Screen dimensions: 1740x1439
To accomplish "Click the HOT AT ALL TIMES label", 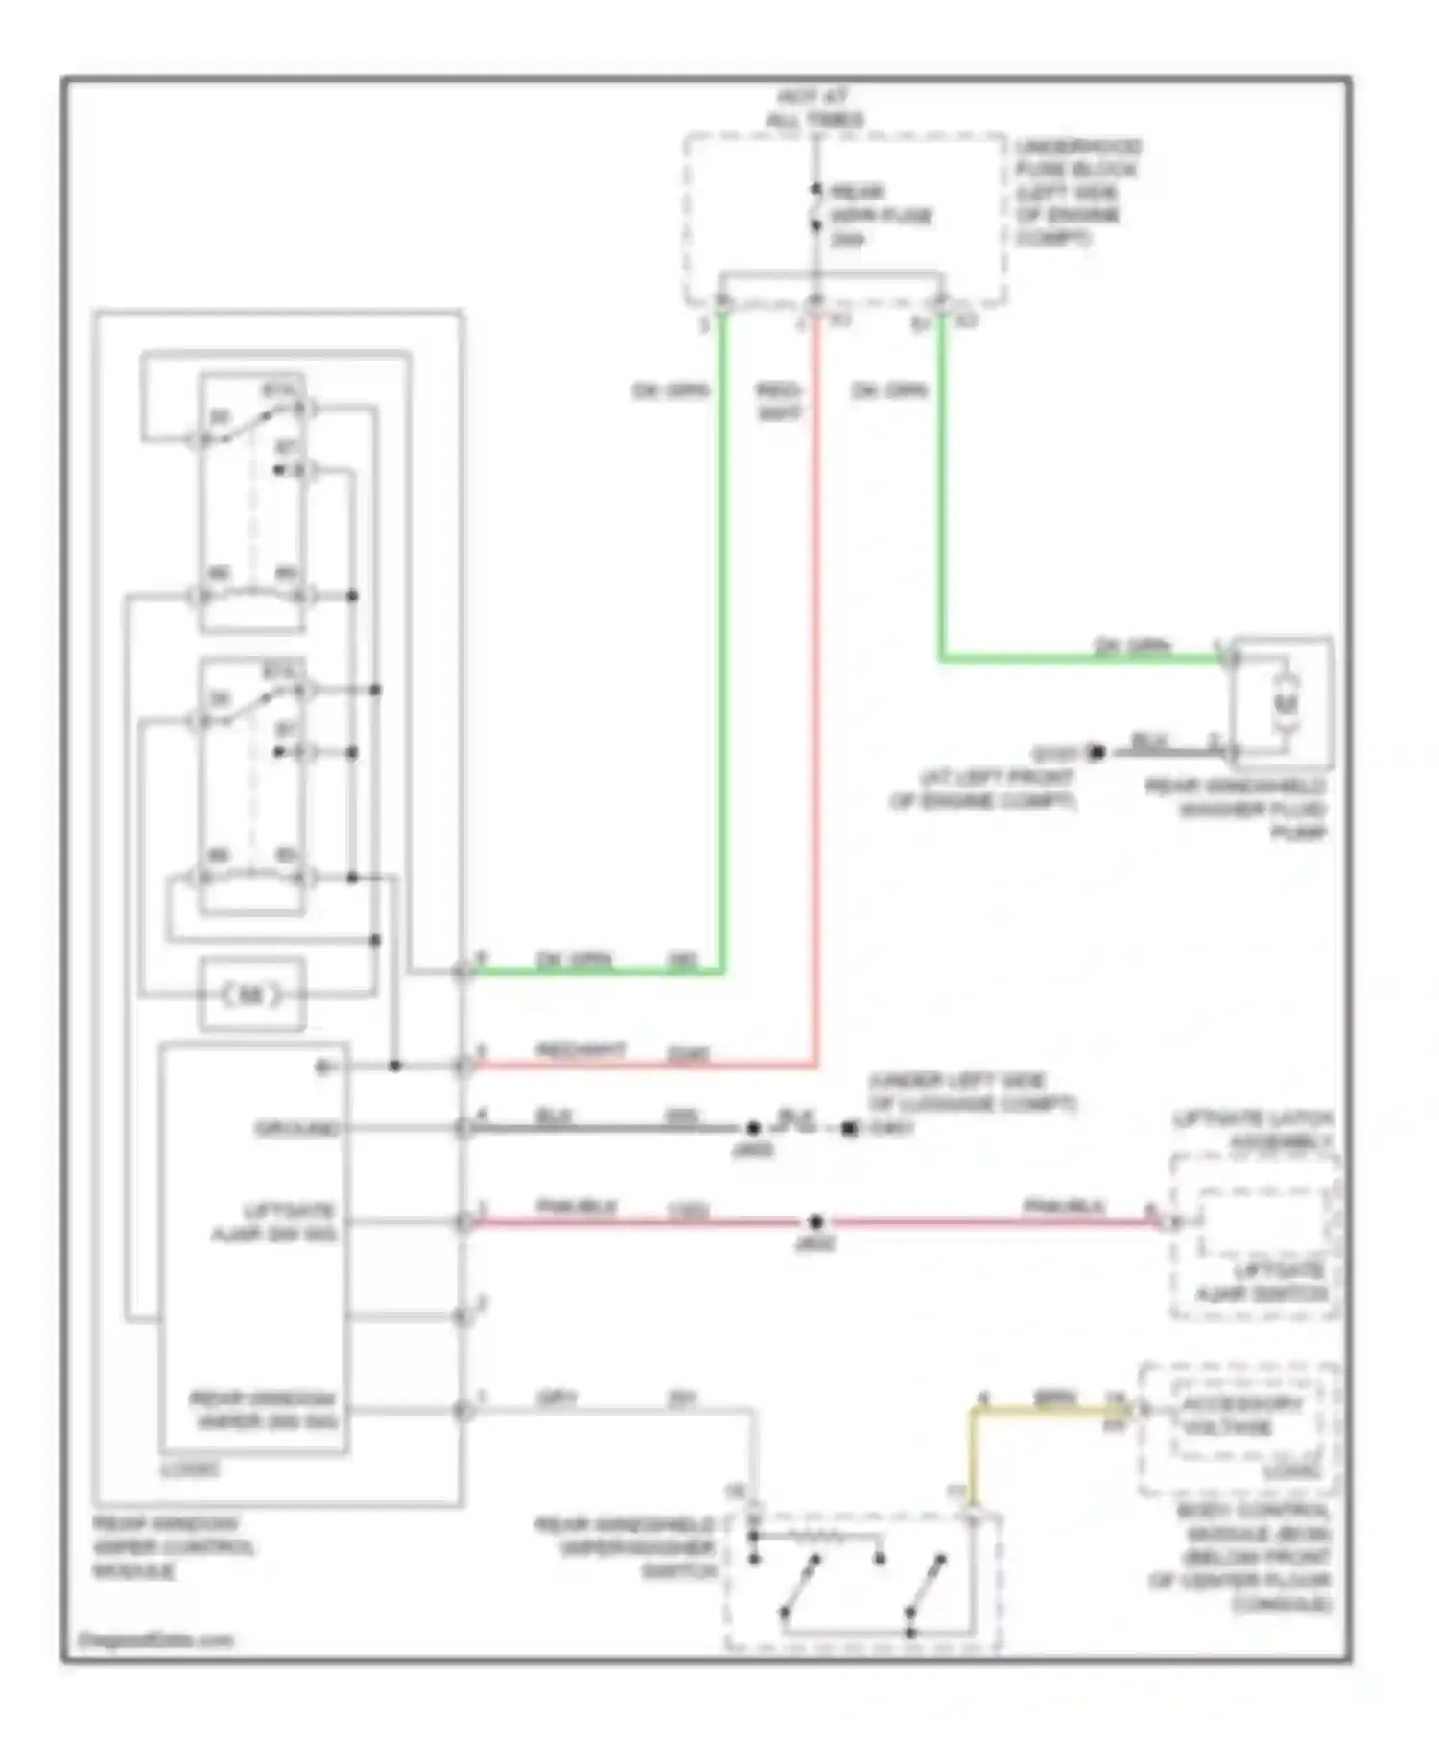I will click(x=814, y=108).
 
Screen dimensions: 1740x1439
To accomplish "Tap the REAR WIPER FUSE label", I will click(x=881, y=215).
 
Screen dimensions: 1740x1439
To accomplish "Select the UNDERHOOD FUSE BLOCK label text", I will click(x=1076, y=192).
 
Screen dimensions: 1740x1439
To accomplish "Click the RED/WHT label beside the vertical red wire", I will click(x=778, y=401).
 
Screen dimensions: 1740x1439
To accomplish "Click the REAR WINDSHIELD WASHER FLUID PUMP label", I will click(x=1238, y=810).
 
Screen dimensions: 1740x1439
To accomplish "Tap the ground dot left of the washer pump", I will click(x=1097, y=752).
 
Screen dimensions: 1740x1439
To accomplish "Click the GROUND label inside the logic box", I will click(x=298, y=1128).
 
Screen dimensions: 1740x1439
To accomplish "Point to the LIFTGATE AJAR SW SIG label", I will click(x=274, y=1221).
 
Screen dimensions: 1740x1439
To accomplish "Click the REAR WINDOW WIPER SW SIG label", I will click(x=263, y=1409).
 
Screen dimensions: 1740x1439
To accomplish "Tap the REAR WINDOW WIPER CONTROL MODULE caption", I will click(x=174, y=1547).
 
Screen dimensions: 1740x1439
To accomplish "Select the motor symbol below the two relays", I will click(x=251, y=996).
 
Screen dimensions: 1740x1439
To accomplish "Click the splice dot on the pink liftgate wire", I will click(x=815, y=1222).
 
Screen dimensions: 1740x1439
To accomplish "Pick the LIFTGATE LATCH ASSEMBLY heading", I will click(x=1253, y=1130).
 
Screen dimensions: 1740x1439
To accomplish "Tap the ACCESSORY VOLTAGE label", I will click(x=1240, y=1416).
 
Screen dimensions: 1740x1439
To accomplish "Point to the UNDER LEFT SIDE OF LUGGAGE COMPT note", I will click(x=971, y=1092).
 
